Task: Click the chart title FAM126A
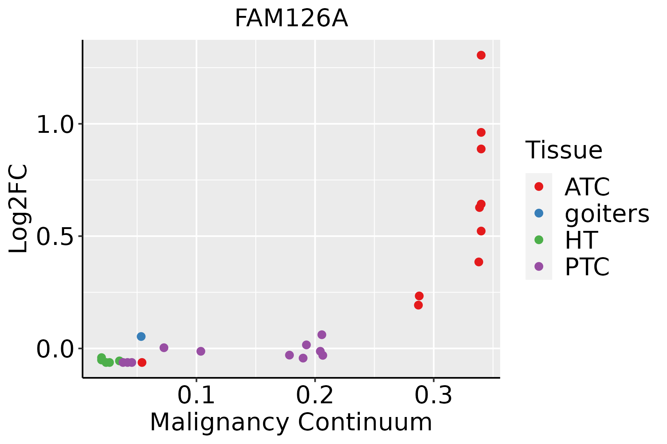click(291, 18)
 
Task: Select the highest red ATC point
click(481, 55)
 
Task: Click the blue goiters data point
click(141, 336)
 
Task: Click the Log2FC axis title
click(19, 209)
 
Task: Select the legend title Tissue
click(564, 150)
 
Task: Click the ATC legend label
click(587, 187)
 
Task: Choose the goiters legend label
click(607, 213)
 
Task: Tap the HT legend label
click(581, 240)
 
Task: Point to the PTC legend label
click(587, 267)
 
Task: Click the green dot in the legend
click(539, 240)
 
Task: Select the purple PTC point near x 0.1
click(200, 351)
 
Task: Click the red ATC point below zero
click(142, 362)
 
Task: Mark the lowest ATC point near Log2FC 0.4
click(479, 262)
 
